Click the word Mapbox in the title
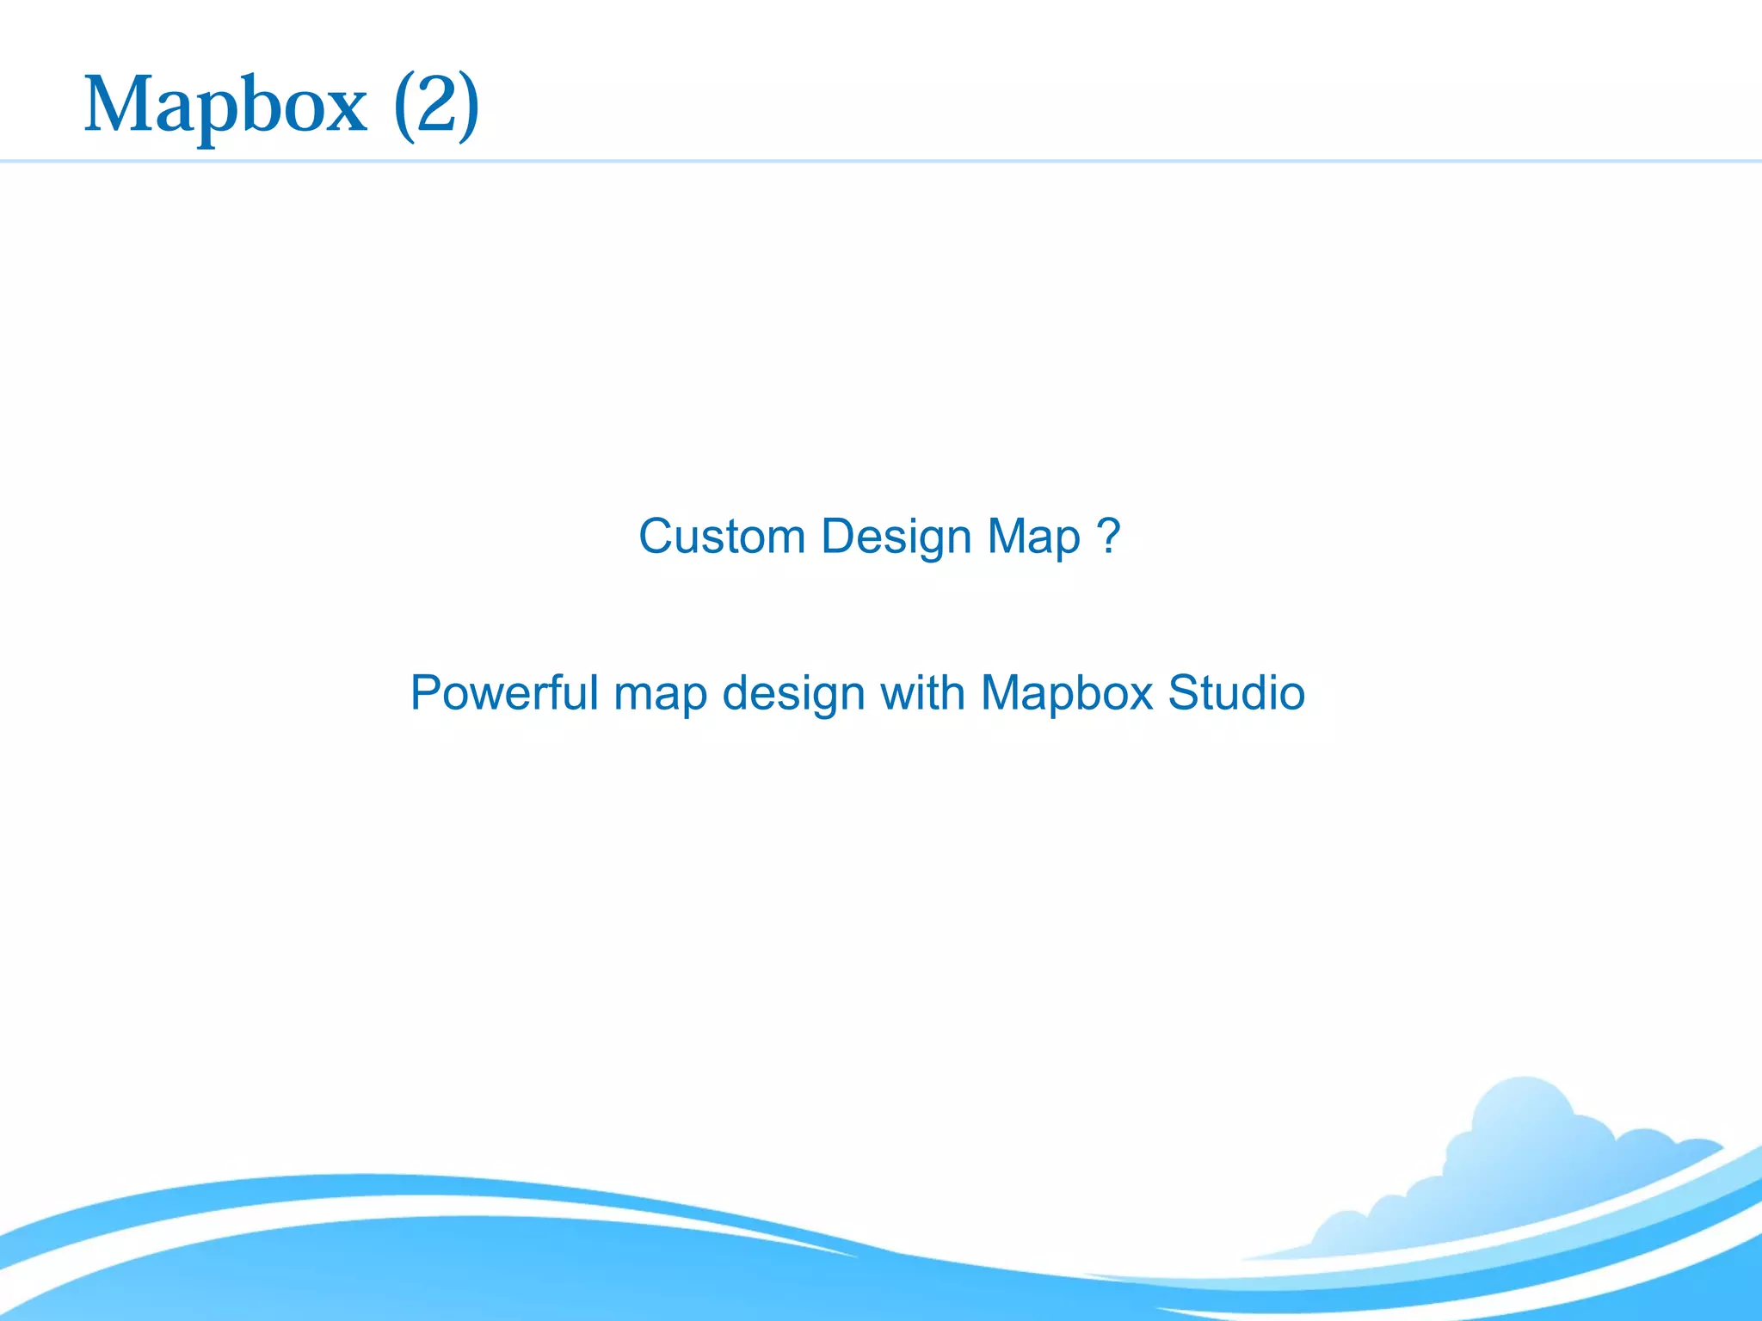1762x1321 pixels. coord(225,105)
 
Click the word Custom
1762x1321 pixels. coord(721,537)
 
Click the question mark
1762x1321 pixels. coord(1109,535)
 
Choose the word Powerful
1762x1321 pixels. coord(503,692)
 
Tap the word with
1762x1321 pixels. coord(921,692)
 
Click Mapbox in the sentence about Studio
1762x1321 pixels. coord(1066,694)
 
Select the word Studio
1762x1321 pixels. coord(1236,692)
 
